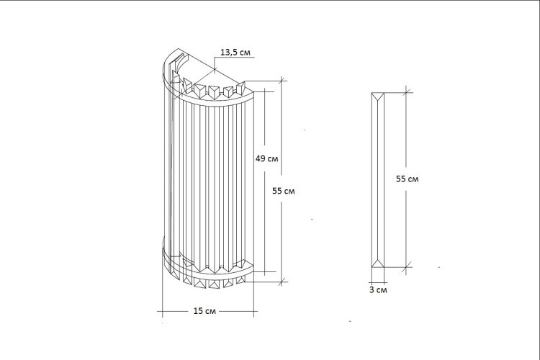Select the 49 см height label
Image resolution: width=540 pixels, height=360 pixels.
pyautogui.click(x=267, y=158)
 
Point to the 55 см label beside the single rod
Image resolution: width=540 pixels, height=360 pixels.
pyautogui.click(x=408, y=179)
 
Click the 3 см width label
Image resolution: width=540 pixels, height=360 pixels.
pyautogui.click(x=378, y=290)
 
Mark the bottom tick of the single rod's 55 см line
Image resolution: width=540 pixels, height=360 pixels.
pyautogui.click(x=408, y=266)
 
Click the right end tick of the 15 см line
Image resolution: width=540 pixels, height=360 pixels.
pyautogui.click(x=255, y=312)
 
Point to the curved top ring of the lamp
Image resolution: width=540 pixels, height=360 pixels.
pyautogui.click(x=216, y=100)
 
